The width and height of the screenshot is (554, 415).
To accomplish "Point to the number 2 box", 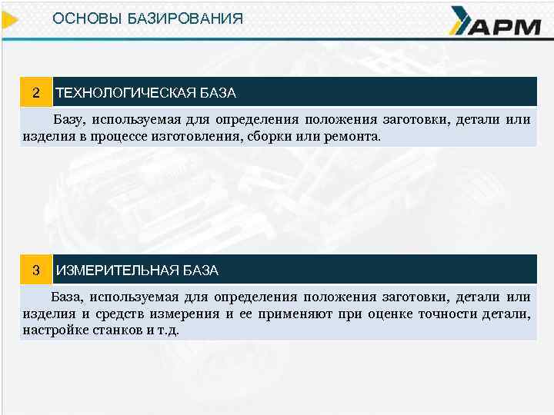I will (x=35, y=92).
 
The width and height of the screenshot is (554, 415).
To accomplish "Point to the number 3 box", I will (x=35, y=270).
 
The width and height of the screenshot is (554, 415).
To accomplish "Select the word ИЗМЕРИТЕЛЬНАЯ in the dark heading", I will (x=116, y=271).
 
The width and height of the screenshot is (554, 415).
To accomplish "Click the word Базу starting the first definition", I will (x=67, y=120).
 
